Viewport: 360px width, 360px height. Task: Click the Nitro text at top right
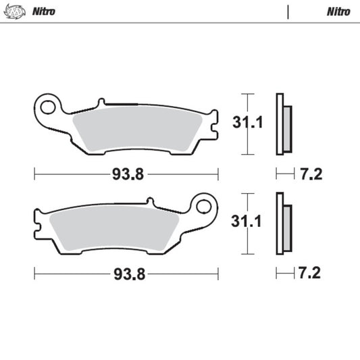coord(338,11)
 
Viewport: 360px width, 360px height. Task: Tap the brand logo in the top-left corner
coord(16,11)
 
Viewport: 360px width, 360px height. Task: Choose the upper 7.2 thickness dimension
coord(311,174)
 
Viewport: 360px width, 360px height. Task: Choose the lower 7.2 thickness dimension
coord(311,274)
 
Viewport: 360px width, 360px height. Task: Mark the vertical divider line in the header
coord(288,11)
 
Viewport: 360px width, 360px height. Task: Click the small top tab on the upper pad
coord(101,103)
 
